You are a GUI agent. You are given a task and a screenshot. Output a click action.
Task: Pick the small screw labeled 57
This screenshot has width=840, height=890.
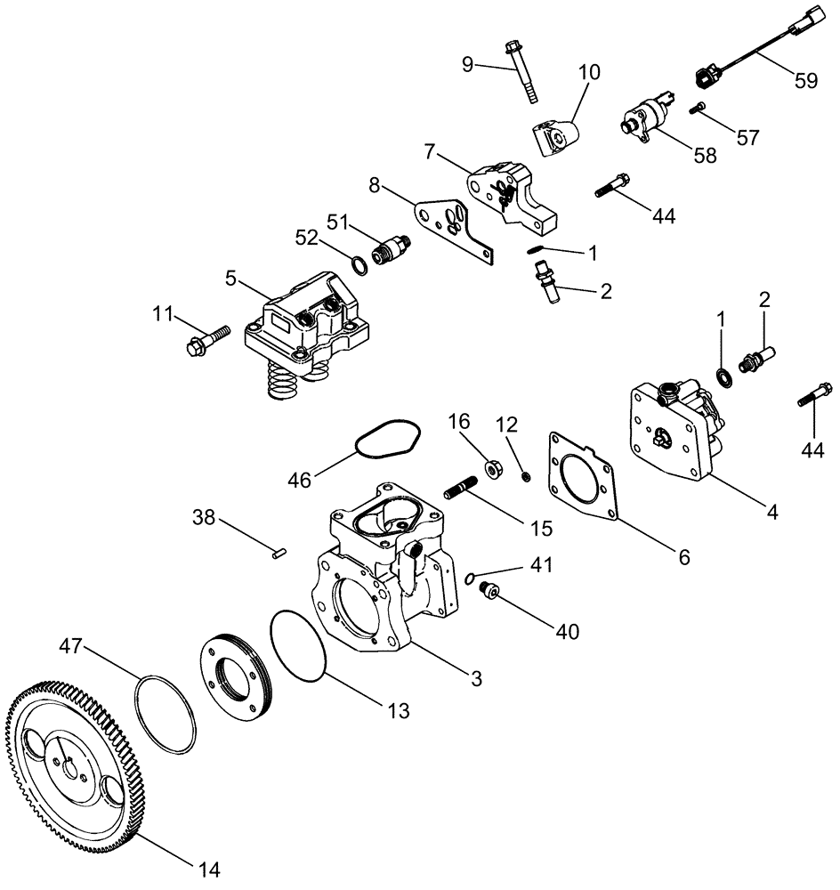[699, 109]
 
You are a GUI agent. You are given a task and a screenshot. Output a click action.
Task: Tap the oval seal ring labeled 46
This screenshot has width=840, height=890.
[388, 437]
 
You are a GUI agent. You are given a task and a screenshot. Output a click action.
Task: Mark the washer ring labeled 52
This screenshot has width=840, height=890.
[356, 265]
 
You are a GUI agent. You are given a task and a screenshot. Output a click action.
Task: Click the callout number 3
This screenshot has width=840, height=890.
[476, 679]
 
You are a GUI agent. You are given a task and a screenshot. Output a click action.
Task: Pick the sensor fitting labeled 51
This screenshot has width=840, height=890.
[391, 248]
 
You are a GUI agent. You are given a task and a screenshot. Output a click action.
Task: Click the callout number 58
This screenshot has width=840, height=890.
[705, 156]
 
